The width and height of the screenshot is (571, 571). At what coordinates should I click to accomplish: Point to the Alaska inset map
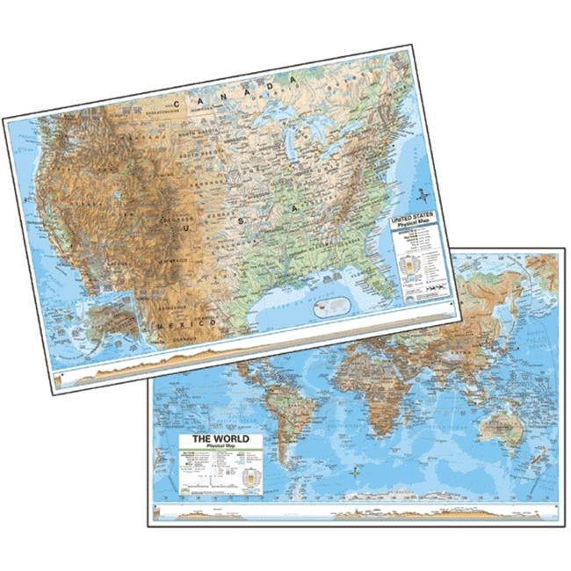coord(105,321)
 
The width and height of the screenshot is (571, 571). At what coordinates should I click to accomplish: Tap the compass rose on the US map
coord(421,194)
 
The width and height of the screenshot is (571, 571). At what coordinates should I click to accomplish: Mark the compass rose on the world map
coord(354,473)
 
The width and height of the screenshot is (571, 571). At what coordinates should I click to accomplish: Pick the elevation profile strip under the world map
coord(351,514)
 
